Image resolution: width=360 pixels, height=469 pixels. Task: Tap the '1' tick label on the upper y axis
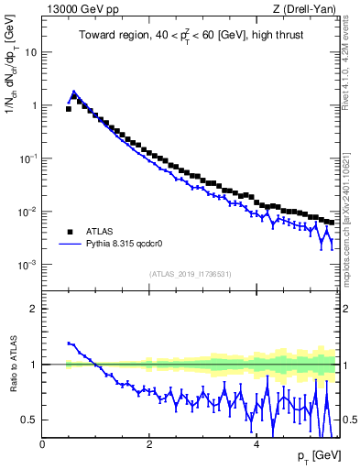(x=35, y=105)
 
